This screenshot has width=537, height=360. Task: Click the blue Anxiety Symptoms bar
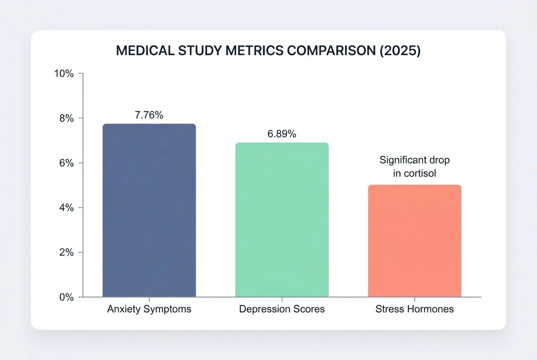149,210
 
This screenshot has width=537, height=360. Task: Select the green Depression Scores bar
282,219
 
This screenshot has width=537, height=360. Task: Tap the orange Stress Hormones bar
414,241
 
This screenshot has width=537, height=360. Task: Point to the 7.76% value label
149,115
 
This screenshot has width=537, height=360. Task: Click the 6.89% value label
282,134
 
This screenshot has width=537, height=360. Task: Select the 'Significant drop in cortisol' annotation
414,167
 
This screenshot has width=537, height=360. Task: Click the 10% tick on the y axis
64,73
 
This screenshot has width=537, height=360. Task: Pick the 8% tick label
66,118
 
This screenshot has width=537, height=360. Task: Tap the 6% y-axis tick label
66,163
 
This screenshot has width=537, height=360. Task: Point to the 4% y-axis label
66,208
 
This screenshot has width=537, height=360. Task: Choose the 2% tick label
66,252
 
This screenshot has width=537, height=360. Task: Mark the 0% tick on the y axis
66,297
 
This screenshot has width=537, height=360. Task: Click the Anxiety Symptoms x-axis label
149,309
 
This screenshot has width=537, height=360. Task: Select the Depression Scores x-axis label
282,309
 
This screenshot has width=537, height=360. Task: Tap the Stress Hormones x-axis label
414,309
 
